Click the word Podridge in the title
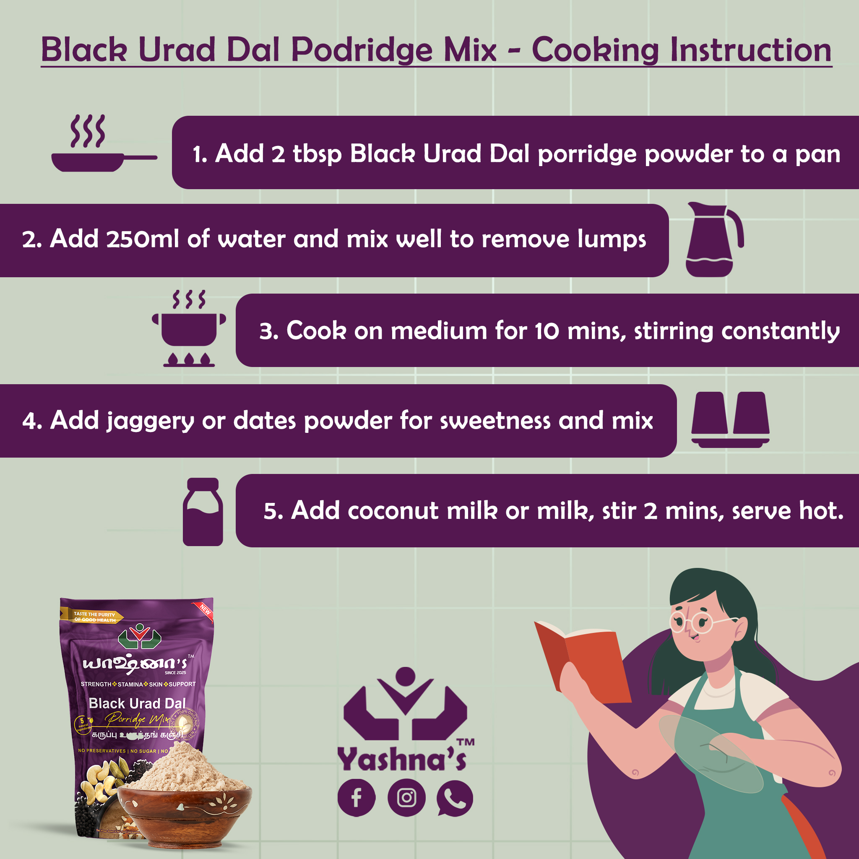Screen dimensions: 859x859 [362, 50]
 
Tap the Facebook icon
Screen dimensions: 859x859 [356, 798]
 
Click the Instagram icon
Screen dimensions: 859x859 [406, 798]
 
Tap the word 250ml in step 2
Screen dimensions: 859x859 [143, 239]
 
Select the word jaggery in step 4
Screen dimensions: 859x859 [150, 421]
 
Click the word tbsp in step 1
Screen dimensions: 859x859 [317, 154]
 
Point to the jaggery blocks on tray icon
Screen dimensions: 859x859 [730, 419]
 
